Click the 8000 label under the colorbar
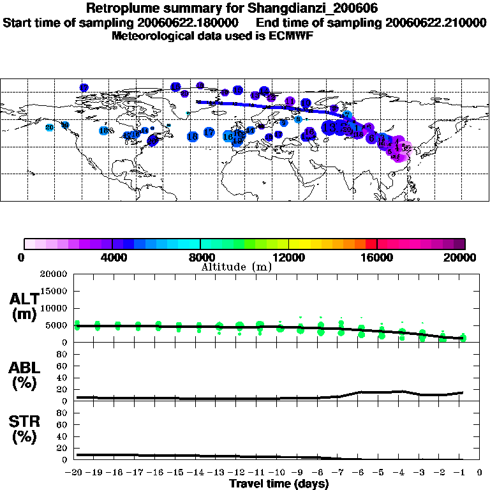coord(200,257)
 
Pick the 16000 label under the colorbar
coord(377,257)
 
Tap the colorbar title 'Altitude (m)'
coord(237,267)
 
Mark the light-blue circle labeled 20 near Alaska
coord(50,128)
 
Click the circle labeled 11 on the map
coord(290,101)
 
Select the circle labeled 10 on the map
coord(306,103)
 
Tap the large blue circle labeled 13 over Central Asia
coord(329,127)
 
